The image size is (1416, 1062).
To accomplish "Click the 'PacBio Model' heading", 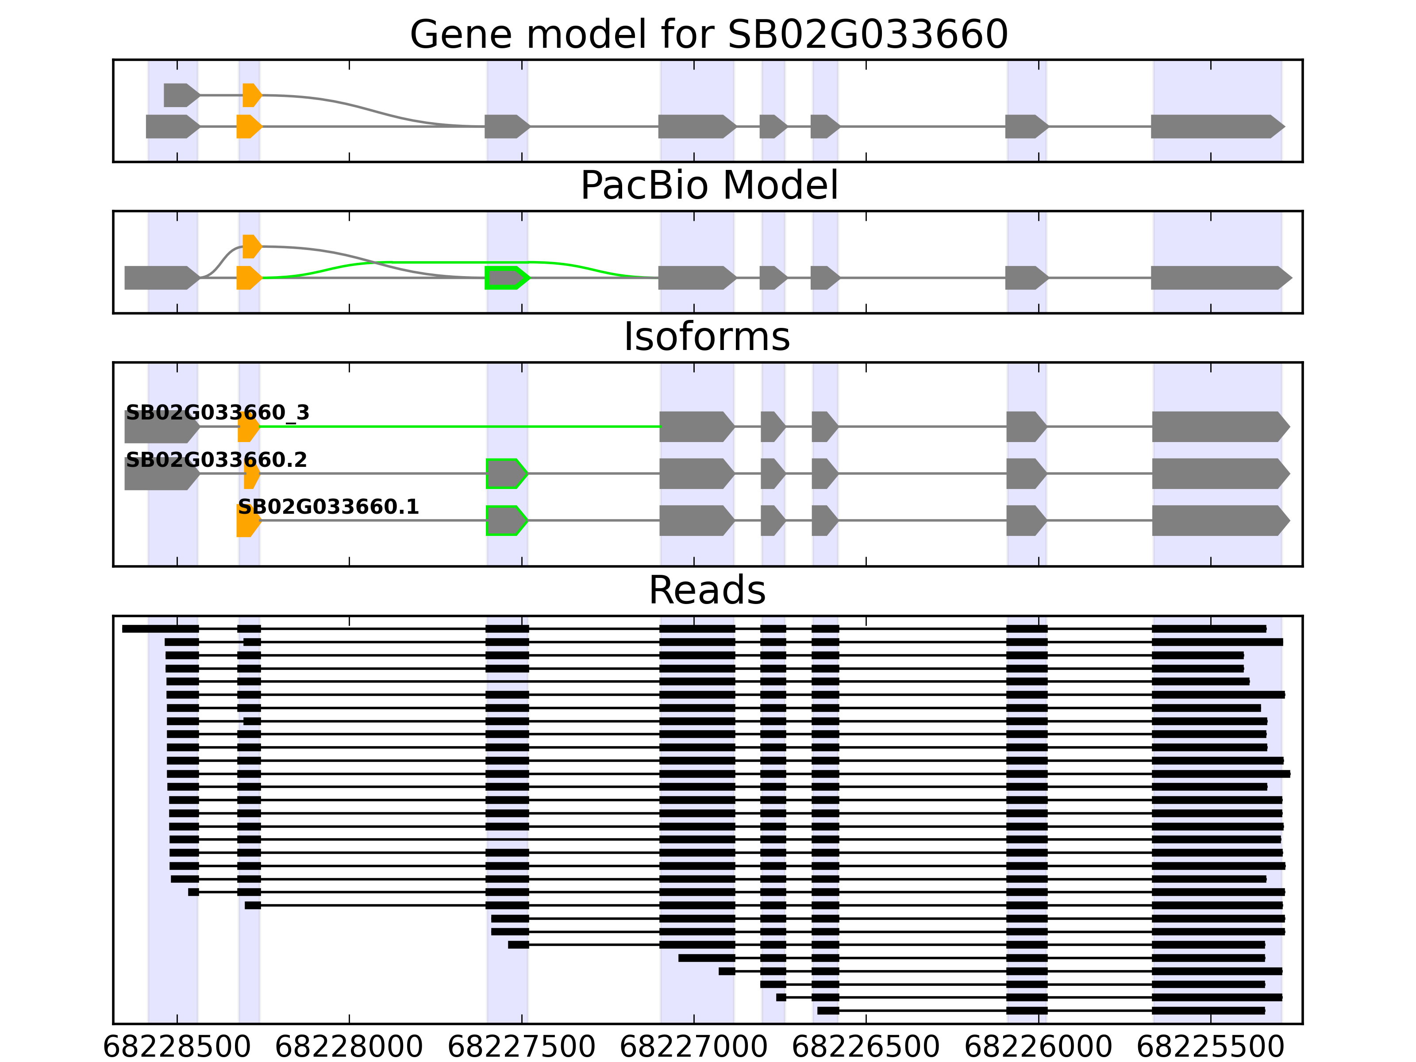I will click(x=708, y=186).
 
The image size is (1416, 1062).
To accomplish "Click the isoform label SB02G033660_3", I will click(x=218, y=413).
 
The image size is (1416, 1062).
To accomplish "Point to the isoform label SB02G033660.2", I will click(x=216, y=460).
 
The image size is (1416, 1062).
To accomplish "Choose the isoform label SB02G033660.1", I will click(x=328, y=507).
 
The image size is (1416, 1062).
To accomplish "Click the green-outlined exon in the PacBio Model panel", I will click(x=506, y=278).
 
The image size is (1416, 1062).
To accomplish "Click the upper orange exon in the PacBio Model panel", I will click(x=252, y=246).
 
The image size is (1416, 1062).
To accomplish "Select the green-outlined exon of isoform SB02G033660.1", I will click(x=506, y=520).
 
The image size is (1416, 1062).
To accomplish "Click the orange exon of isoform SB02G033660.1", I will click(x=248, y=520).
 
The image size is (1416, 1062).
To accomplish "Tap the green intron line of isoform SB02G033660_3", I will click(x=461, y=426).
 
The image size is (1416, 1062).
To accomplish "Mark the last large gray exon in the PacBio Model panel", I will click(x=1220, y=278).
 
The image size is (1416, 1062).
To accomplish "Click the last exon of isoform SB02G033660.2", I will click(x=1220, y=474).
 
